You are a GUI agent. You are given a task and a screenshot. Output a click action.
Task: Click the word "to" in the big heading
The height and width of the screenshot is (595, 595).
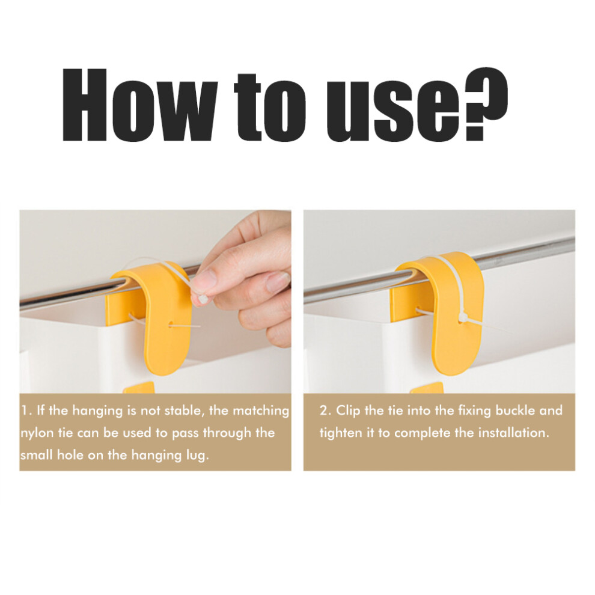(x=270, y=106)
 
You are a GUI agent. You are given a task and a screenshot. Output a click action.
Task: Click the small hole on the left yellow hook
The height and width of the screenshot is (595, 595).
(x=171, y=325)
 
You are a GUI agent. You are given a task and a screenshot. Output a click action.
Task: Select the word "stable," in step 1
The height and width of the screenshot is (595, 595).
(x=177, y=411)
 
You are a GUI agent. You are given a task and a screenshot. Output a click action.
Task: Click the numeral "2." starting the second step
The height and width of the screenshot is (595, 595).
(x=326, y=410)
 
